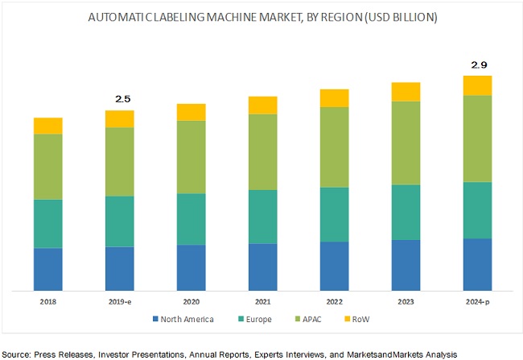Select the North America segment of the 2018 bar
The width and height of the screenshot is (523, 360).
pos(48,268)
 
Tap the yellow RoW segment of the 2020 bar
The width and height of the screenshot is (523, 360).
pos(191,112)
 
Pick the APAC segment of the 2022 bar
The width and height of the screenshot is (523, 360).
pos(335,147)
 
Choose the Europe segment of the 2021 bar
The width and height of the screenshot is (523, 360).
pos(263,217)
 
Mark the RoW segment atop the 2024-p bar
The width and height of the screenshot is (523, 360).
pos(477,85)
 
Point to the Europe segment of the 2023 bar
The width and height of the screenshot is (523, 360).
pos(406,212)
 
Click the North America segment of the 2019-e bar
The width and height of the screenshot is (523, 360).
pos(120,267)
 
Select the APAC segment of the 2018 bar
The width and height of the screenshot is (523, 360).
pos(48,167)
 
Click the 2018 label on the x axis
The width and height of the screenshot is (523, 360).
pos(48,301)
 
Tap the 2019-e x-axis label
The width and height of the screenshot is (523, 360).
pos(120,301)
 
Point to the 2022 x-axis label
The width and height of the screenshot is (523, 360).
pos(335,301)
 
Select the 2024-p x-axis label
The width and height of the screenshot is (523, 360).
pos(477,301)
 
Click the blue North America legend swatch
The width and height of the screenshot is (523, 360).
pos(156,320)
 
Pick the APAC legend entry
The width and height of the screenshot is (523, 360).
pos(314,320)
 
